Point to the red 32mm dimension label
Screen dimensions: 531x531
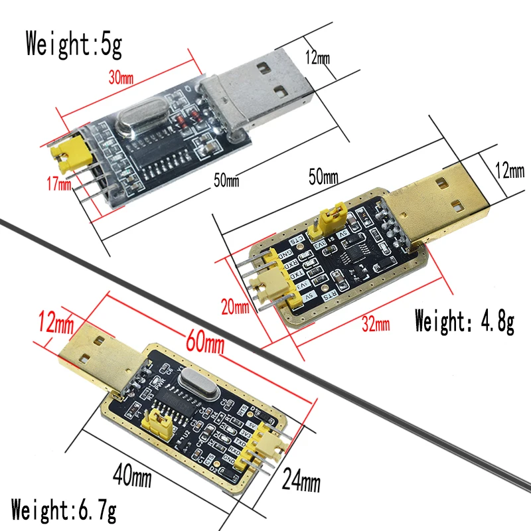click(376, 323)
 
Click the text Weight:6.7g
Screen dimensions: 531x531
click(64, 512)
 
